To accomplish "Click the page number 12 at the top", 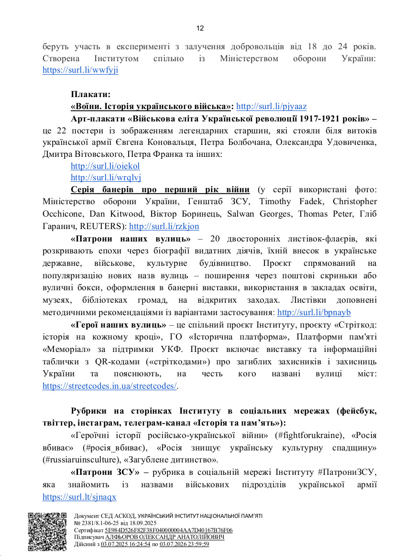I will pyautogui.click(x=200, y=28).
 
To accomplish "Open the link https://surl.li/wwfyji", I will pyautogui.click(x=80, y=70).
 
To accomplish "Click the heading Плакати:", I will pyautogui.click(x=91, y=94).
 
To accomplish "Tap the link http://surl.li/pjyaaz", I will pyautogui.click(x=272, y=106).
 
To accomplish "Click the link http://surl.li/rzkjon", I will pyautogui.click(x=164, y=226).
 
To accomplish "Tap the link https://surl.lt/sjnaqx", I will pyautogui.click(x=79, y=497).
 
